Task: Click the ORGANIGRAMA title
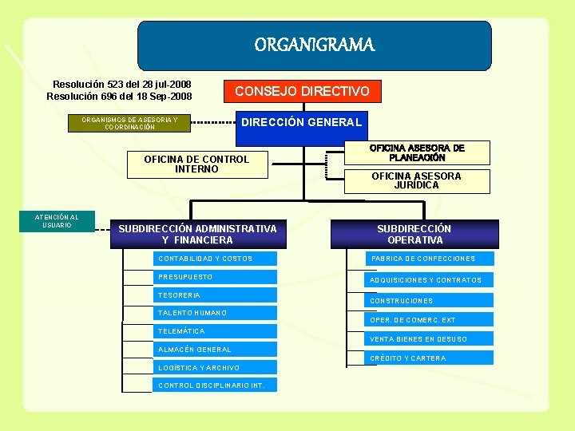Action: (314, 45)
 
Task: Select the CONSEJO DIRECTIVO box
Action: (302, 91)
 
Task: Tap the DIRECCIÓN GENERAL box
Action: (302, 122)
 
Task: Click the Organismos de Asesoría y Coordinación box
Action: (129, 123)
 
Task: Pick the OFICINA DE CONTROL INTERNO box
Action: (196, 164)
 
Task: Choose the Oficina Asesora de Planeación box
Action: (416, 153)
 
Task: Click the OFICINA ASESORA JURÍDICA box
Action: (416, 180)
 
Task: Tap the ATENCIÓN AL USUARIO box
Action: (57, 221)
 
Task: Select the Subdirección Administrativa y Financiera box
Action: (197, 234)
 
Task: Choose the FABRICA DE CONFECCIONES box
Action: (430, 259)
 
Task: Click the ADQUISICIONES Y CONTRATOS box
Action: (430, 280)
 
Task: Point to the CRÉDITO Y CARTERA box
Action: (430, 358)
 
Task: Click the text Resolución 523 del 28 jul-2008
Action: (121, 85)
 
